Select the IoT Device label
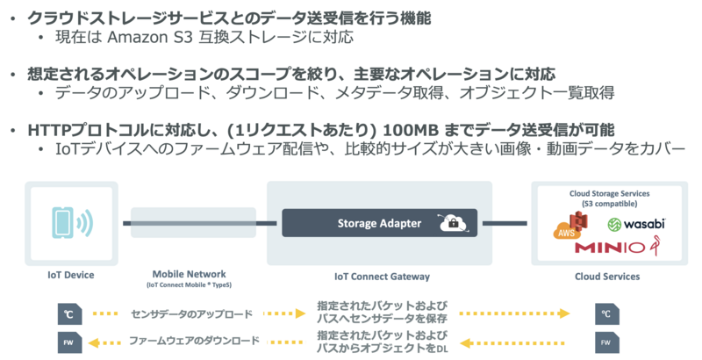click(x=71, y=276)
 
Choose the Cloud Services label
click(x=607, y=277)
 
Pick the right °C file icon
click(x=605, y=313)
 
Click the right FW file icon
click(x=605, y=341)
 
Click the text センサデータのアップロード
click(x=191, y=313)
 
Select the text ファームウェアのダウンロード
click(x=194, y=341)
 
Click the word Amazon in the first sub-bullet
click(x=135, y=40)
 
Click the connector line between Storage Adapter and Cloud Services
click(x=505, y=223)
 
